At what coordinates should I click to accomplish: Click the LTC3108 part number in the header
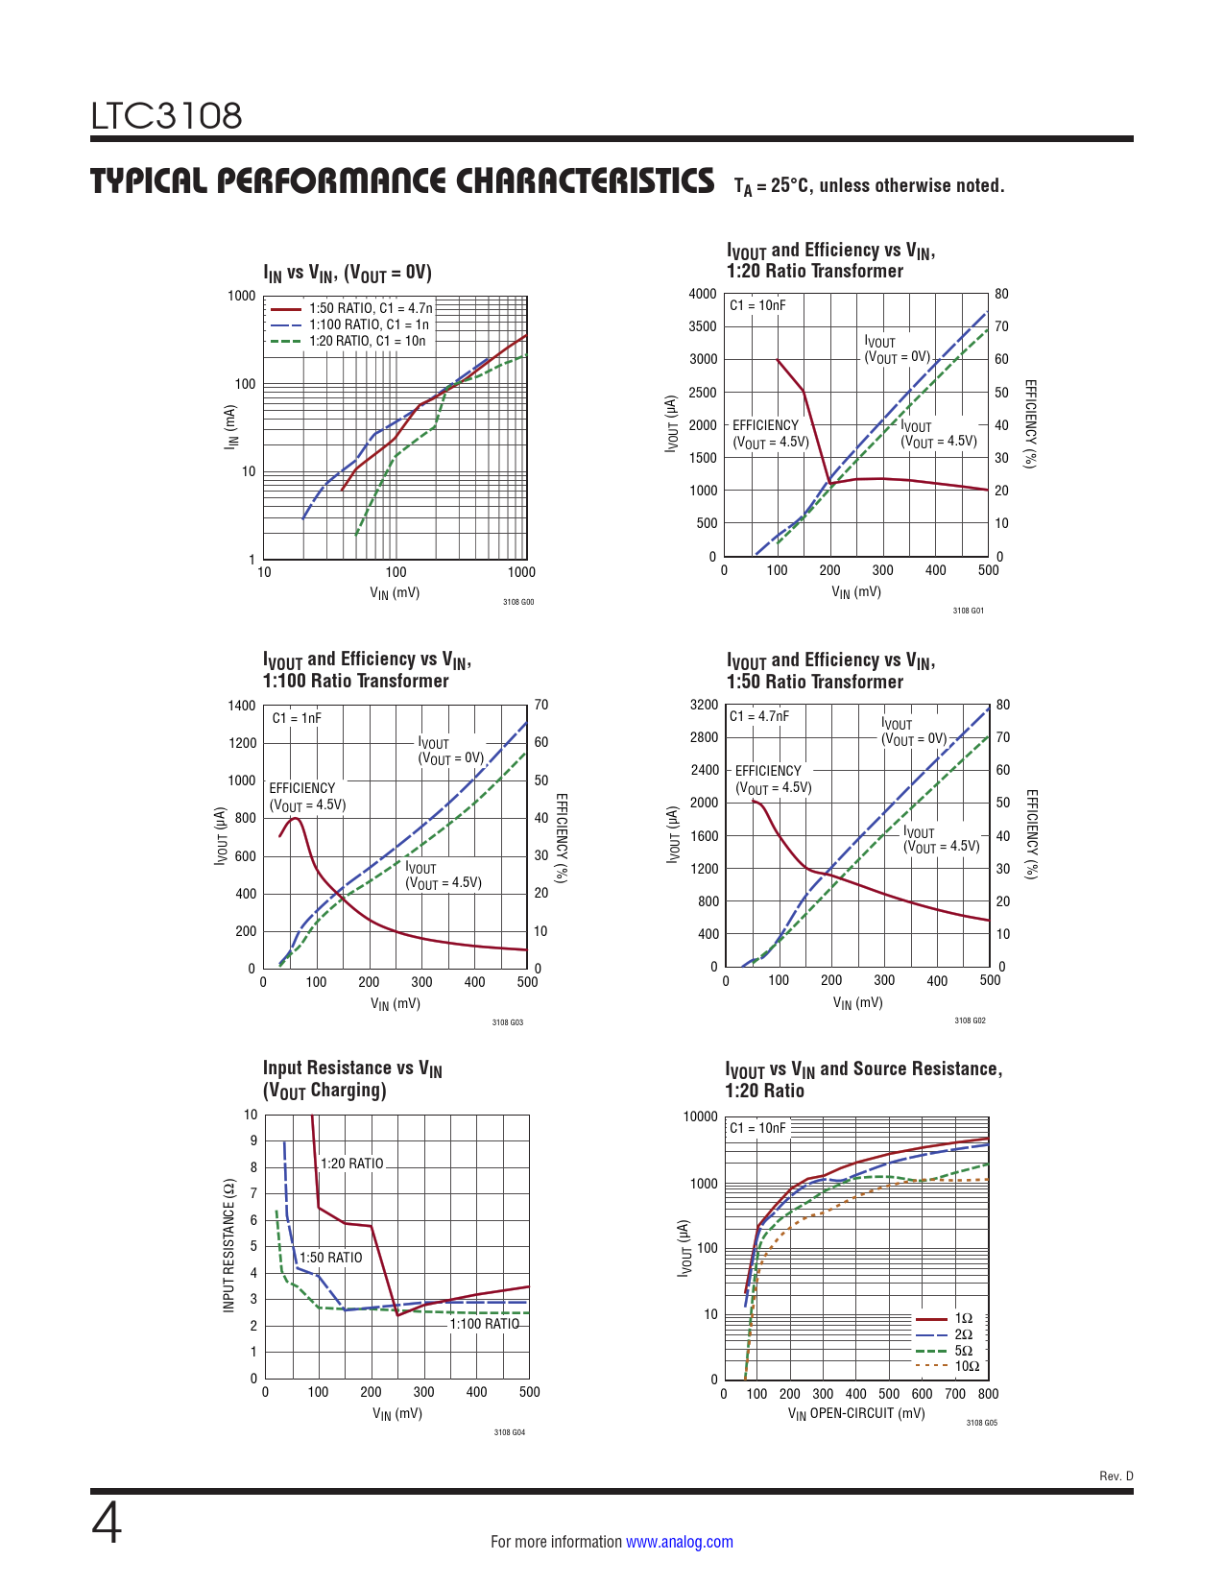(x=166, y=116)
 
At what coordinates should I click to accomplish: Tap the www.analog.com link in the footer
(x=679, y=1542)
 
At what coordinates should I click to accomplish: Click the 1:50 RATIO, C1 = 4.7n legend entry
(x=370, y=308)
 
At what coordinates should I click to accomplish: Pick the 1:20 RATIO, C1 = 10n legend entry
(x=367, y=341)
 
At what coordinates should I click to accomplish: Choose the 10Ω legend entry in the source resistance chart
(x=966, y=1366)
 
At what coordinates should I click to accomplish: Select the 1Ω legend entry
(x=963, y=1318)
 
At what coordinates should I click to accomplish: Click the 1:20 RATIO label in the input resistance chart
(x=351, y=1164)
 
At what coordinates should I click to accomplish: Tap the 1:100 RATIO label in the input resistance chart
(x=484, y=1324)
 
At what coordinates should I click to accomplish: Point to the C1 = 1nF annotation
(x=297, y=718)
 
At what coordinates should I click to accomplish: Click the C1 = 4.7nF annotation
(x=758, y=716)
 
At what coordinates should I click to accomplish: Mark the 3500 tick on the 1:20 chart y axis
(x=703, y=326)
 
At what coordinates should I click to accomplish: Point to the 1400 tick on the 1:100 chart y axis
(x=242, y=706)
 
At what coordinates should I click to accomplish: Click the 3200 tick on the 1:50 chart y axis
(x=704, y=705)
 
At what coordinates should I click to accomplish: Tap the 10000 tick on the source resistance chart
(x=700, y=1116)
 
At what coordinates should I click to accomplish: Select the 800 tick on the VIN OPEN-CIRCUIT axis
(x=988, y=1394)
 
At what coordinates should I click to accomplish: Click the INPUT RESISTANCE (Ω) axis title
(x=228, y=1245)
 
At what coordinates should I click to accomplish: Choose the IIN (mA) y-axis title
(x=230, y=426)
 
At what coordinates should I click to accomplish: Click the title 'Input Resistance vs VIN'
(x=352, y=1068)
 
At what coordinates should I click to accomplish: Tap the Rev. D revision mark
(x=1116, y=1476)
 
